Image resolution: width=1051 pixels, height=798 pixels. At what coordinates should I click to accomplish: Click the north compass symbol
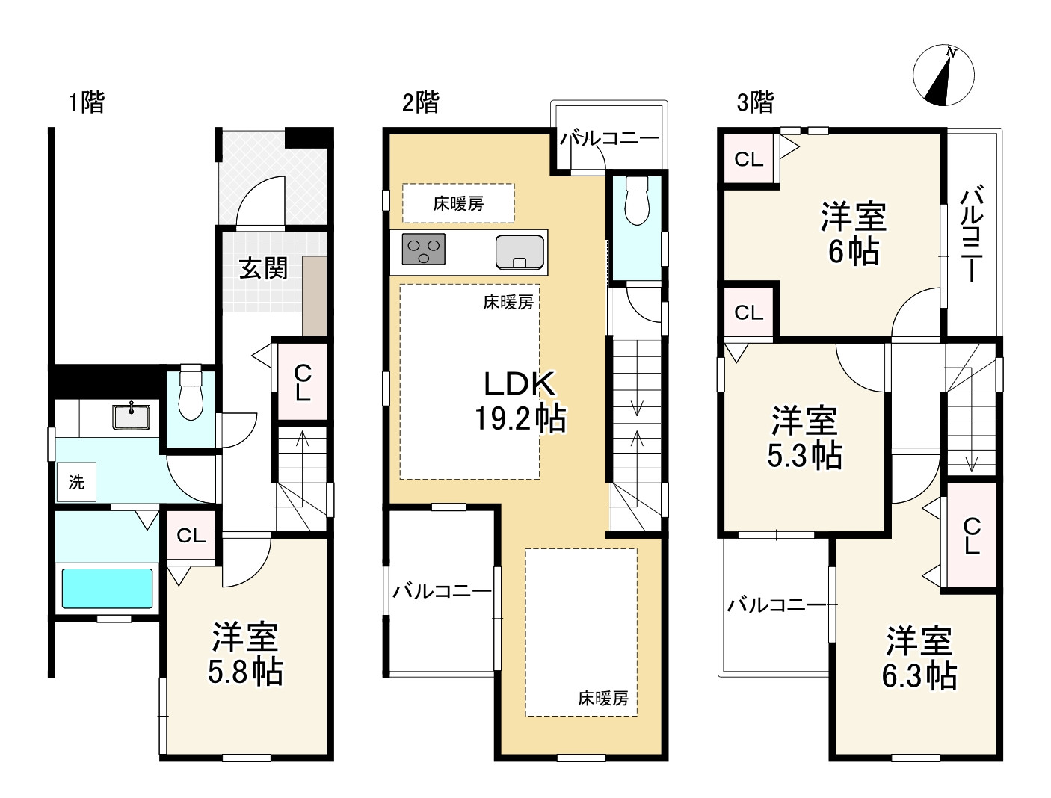click(943, 75)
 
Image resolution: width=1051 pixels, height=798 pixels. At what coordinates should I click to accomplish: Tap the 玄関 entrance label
click(263, 268)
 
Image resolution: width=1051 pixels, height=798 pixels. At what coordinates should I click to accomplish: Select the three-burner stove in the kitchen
click(424, 249)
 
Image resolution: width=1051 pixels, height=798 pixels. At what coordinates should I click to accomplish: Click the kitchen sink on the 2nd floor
click(520, 252)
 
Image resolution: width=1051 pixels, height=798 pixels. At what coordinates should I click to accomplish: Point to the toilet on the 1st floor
click(191, 392)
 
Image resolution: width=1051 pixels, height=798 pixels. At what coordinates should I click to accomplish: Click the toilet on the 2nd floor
click(637, 200)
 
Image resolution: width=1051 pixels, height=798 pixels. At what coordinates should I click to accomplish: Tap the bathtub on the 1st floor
click(107, 589)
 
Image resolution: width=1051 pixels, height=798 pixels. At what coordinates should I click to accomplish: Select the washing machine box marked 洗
click(76, 482)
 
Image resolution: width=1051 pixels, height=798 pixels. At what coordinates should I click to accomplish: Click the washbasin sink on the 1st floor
click(132, 417)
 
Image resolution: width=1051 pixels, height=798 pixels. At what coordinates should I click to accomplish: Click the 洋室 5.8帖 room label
click(245, 654)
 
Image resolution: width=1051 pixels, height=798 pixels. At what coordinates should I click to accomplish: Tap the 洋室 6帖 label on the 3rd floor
click(854, 233)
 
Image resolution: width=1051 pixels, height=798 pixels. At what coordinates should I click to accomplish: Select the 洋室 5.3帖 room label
click(804, 436)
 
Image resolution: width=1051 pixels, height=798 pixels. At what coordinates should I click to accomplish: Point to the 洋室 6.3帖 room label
click(919, 658)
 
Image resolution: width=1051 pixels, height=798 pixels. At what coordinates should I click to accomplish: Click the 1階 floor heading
click(87, 102)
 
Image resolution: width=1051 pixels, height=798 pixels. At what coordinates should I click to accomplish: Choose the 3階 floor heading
click(755, 102)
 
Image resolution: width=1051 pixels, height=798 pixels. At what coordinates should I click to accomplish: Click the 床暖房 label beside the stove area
click(458, 204)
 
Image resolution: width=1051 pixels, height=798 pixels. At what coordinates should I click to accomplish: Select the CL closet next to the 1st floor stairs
click(302, 382)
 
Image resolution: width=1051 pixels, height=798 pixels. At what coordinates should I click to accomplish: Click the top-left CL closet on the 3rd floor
click(748, 159)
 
